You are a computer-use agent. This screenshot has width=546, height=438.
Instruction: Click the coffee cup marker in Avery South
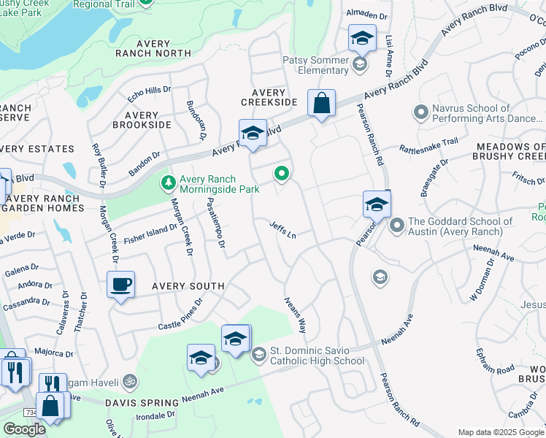tap(120, 284)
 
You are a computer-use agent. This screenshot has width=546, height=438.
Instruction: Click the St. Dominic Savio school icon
tap(258, 356)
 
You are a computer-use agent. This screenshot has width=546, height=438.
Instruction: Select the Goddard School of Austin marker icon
tap(397, 226)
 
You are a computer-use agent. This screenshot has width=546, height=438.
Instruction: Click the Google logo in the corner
tap(24, 429)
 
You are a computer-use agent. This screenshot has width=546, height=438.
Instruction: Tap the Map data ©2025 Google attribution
tap(501, 432)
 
